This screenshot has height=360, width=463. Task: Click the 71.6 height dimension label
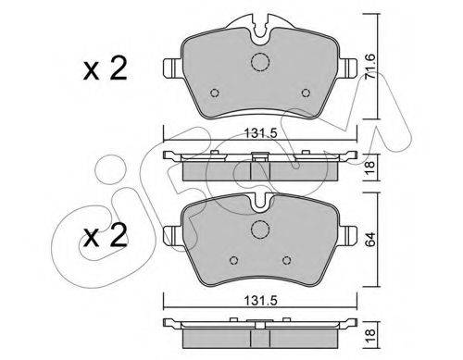(370, 68)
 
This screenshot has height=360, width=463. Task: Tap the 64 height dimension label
(370, 239)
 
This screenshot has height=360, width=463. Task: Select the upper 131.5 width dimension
(261, 133)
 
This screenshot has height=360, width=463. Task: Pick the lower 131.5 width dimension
(261, 301)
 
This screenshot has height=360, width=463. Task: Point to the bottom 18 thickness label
(370, 335)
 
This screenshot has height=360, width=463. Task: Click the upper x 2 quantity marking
(106, 68)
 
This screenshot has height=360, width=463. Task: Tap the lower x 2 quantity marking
(106, 236)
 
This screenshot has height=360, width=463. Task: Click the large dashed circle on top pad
(260, 62)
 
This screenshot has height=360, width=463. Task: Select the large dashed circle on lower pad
(260, 230)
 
